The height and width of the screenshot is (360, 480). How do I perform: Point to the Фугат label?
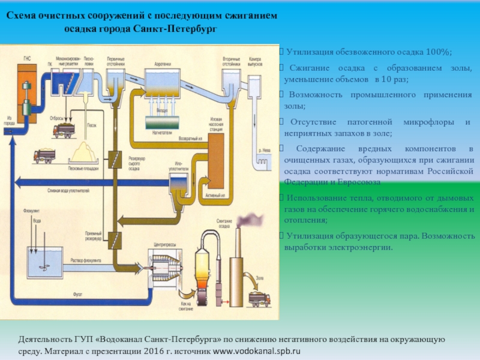(x=77, y=294)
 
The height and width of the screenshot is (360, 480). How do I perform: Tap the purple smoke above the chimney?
(x=249, y=218)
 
